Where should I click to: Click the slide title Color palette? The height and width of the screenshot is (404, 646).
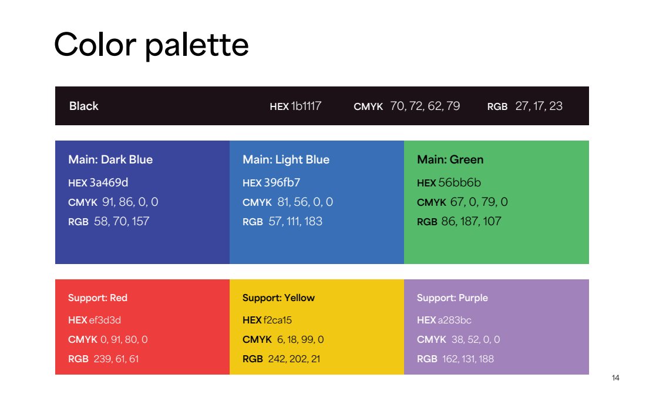click(x=151, y=45)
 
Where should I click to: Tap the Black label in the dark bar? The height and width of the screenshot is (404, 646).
click(x=83, y=106)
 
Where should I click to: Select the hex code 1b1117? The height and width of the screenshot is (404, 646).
click(x=306, y=106)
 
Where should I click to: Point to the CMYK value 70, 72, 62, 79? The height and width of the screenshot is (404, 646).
click(x=425, y=106)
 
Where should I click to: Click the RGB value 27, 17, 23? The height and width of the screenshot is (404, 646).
click(x=539, y=106)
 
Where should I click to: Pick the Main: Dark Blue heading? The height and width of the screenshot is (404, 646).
click(x=110, y=160)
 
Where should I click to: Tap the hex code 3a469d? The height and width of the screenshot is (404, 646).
click(x=109, y=182)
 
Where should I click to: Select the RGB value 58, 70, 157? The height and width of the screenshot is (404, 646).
click(x=122, y=222)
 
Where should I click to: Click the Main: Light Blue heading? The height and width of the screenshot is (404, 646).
click(x=286, y=160)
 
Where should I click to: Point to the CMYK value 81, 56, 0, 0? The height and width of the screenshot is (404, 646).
click(x=305, y=202)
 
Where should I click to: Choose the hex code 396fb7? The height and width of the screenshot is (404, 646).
click(x=282, y=182)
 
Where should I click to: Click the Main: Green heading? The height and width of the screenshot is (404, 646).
click(x=450, y=160)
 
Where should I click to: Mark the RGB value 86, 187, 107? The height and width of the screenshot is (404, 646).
click(x=472, y=222)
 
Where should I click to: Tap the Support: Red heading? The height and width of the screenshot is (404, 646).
click(x=97, y=298)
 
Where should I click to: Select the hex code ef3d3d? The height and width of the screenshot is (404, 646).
click(x=105, y=320)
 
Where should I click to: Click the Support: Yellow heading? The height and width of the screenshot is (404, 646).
click(x=278, y=298)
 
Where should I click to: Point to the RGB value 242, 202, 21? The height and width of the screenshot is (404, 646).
click(x=294, y=359)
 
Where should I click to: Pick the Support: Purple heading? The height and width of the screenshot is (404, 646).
click(x=452, y=298)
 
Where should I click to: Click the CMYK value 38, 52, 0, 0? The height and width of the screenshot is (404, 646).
click(x=476, y=340)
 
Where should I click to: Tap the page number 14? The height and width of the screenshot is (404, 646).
click(x=615, y=378)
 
